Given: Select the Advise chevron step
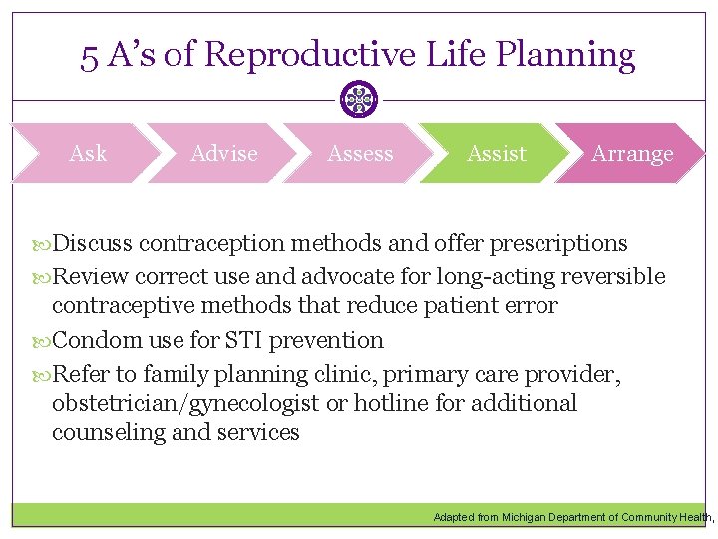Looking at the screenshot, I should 223,153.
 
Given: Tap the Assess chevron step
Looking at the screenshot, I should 360,153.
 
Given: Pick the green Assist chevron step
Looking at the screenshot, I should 496,153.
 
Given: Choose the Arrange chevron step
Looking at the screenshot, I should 632,153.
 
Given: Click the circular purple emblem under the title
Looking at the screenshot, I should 358,99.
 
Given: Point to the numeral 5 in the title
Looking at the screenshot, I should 89,55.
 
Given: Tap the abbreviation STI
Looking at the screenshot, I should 240,340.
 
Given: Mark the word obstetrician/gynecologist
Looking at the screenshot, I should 185,403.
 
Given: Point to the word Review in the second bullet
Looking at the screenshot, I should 90,276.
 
